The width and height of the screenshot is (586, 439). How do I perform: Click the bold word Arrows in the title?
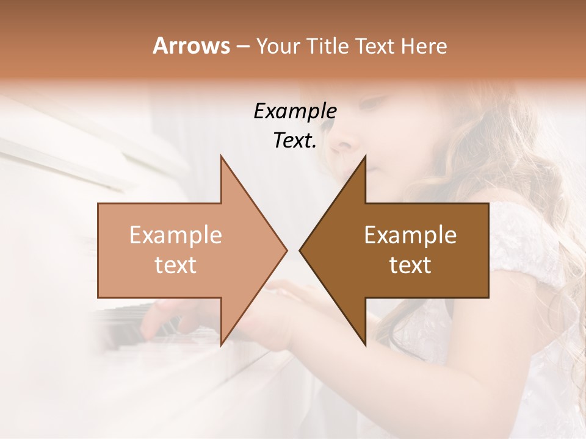[x=191, y=46]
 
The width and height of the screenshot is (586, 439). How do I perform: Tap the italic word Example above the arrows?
[x=295, y=111]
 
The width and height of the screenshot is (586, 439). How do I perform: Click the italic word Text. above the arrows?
[x=295, y=141]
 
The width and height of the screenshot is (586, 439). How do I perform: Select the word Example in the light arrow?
[x=176, y=235]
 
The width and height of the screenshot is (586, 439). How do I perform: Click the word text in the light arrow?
[x=176, y=265]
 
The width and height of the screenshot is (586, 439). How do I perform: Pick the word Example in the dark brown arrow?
[x=410, y=235]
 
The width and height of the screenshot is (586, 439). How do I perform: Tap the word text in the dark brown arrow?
[x=410, y=265]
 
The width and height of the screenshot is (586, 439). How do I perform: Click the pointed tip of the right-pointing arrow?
[x=287, y=250]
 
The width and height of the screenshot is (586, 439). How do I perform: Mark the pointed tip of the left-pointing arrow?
[x=300, y=250]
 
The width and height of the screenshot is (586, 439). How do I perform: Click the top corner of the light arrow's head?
[x=221, y=155]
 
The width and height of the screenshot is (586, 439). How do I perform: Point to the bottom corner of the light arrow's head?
[x=221, y=345]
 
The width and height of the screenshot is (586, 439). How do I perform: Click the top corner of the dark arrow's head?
[x=365, y=155]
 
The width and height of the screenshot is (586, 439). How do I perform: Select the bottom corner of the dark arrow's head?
[x=365, y=345]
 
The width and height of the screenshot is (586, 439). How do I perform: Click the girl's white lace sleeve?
[x=525, y=244]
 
